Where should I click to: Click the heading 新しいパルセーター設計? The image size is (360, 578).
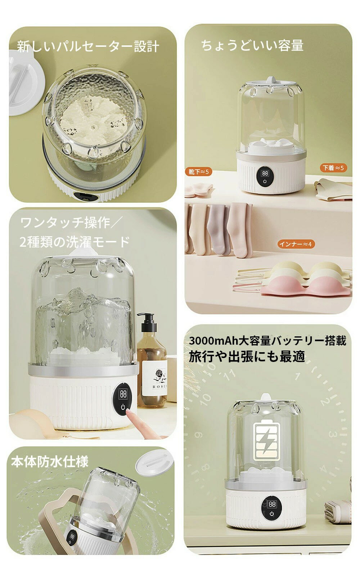[88, 46]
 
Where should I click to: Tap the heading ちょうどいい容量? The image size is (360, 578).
[252, 46]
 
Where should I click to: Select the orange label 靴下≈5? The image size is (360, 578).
[199, 172]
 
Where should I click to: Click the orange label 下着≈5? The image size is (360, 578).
[333, 168]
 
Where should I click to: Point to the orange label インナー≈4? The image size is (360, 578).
[296, 244]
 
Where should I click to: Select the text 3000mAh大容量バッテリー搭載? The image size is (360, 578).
[267, 341]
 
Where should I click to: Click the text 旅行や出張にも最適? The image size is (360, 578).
[247, 357]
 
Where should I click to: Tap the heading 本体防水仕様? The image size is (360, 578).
[50, 462]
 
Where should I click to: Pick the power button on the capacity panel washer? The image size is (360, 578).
[265, 182]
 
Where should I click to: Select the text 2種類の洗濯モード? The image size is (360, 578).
[75, 242]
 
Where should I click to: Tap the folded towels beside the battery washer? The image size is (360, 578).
[338, 511]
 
